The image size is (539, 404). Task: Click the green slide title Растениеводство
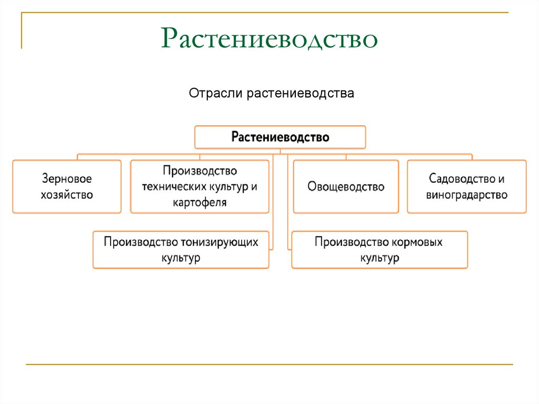point(269,39)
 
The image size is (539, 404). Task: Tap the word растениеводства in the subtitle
point(300,94)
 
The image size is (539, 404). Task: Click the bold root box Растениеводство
point(280,137)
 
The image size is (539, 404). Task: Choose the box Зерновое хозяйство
point(67,186)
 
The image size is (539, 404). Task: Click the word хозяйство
point(67,194)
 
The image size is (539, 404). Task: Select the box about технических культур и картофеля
point(199,186)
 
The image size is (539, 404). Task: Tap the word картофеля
point(199,202)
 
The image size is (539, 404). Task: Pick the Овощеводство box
point(346,186)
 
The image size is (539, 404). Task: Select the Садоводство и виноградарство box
point(466,186)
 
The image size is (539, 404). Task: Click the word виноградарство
point(466,195)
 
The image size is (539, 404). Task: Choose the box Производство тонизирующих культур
point(181,250)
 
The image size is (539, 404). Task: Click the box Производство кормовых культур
point(379,250)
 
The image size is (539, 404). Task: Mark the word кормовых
point(417,242)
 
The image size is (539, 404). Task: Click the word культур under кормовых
point(379,258)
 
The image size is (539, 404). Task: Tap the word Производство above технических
point(199,171)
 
